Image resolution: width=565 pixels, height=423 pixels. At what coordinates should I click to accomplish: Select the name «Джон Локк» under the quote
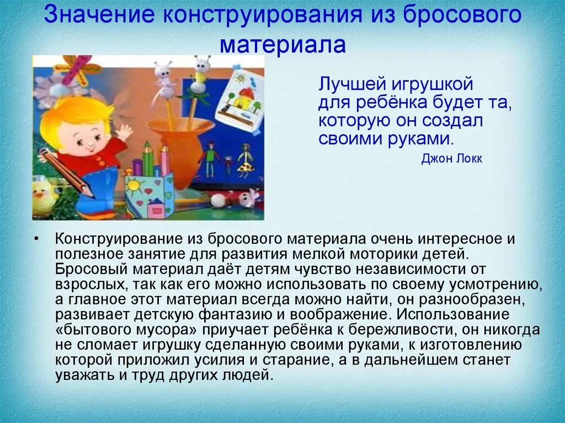coord(451,158)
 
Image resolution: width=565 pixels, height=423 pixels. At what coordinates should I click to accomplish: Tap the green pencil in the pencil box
coord(148,159)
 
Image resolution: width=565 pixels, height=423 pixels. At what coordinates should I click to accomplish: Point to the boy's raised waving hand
coord(124,132)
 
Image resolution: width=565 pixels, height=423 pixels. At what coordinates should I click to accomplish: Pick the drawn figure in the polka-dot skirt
coord(245,160)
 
